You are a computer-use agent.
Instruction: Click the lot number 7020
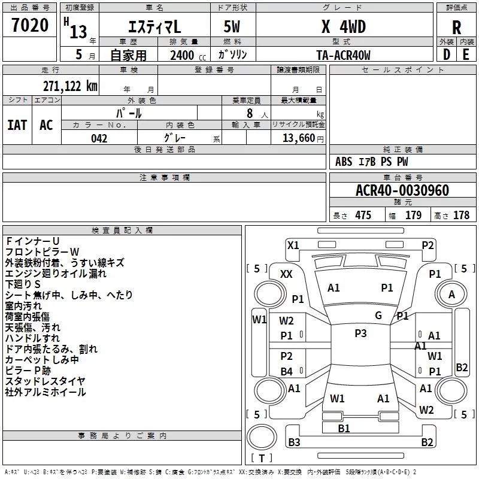pos(30,25)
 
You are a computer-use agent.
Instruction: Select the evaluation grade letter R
pos(456,28)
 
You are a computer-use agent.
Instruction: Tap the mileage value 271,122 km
pos(70,86)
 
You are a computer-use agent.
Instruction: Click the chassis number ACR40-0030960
pos(402,190)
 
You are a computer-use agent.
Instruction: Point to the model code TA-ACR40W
pos(343,55)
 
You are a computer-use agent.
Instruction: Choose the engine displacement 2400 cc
pos(188,56)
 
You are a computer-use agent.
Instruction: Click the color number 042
pos(99,138)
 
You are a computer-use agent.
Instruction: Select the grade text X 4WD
pos(344,27)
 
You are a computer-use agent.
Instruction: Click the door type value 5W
pos(232,26)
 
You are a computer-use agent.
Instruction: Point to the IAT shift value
pos(17,125)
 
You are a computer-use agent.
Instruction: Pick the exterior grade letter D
pos(447,54)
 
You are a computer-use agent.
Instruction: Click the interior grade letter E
pos(466,54)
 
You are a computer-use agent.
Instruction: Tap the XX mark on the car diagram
pos(286,274)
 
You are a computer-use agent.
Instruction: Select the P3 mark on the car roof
pos(360,333)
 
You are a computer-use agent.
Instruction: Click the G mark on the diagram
pos(378,316)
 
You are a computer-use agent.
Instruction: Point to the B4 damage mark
pos(287,371)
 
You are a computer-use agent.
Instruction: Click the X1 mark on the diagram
pos(293,245)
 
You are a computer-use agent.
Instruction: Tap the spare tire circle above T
pos(262,437)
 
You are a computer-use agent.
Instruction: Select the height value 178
pos(461,215)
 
